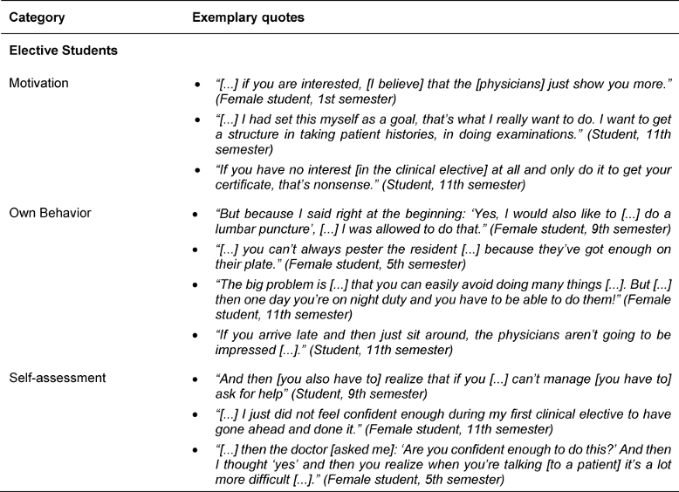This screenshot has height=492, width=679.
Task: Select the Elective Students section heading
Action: [x=63, y=51]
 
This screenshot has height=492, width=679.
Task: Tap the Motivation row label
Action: [x=38, y=83]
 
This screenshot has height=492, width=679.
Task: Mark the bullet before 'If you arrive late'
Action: [x=200, y=338]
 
